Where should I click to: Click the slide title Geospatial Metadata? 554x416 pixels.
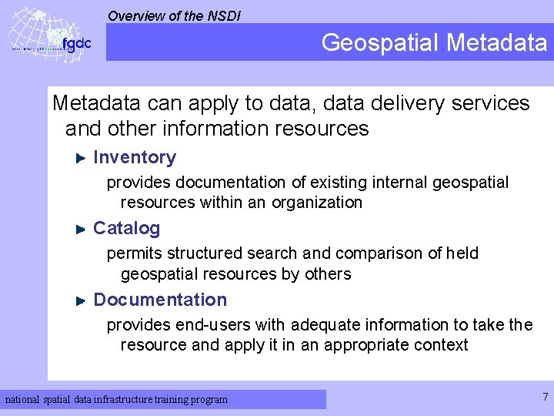point(434,42)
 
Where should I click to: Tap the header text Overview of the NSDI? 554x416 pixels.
point(174,15)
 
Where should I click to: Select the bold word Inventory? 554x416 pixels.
point(135,157)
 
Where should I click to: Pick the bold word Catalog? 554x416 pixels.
point(127,228)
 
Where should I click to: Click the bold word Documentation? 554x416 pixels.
point(160,300)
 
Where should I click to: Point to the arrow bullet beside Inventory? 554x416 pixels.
point(81,158)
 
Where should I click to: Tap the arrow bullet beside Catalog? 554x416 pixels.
point(81,229)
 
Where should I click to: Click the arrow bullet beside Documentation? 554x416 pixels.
point(81,300)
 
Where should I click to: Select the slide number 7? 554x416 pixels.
point(545,398)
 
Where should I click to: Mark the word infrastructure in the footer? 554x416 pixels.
point(136,399)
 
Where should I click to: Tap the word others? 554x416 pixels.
point(329,273)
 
